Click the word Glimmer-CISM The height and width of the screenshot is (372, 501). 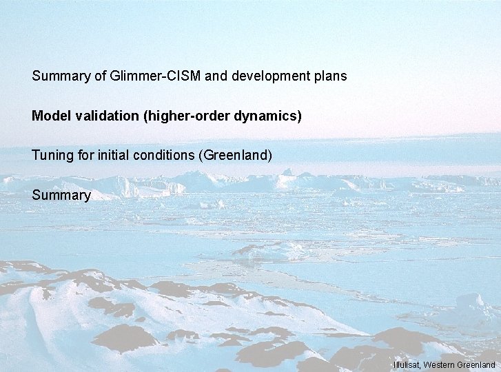click(155, 76)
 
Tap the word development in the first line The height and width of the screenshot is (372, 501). click(265, 76)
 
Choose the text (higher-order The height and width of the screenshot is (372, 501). click(187, 116)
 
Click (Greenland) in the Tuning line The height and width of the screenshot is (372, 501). click(235, 156)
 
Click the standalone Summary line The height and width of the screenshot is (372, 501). click(61, 196)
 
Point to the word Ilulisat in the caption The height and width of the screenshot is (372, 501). click(407, 364)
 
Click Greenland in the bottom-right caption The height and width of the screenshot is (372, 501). click(477, 364)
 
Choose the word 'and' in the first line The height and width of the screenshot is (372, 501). click(216, 76)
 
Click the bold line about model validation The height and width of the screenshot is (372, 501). click(167, 116)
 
